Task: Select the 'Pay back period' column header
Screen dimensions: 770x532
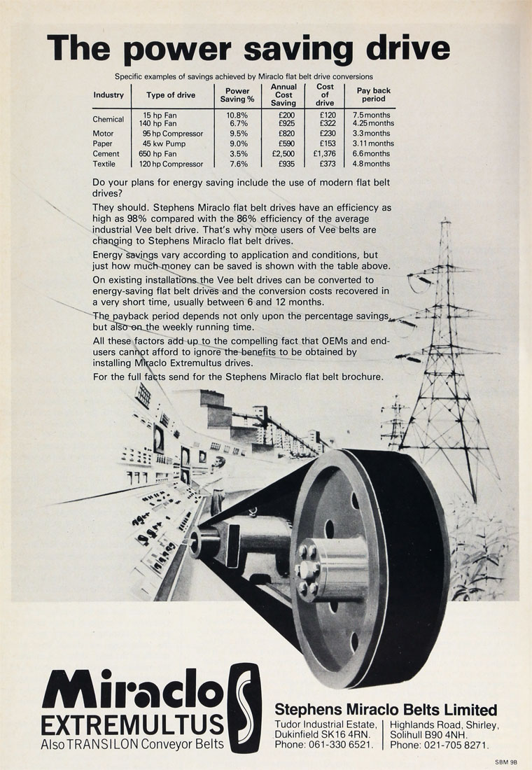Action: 373,94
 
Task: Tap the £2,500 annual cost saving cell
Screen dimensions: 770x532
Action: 283,154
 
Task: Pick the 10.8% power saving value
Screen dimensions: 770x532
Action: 237,115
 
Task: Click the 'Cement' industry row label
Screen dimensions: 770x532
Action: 106,154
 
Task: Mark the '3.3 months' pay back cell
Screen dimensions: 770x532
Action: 371,134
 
